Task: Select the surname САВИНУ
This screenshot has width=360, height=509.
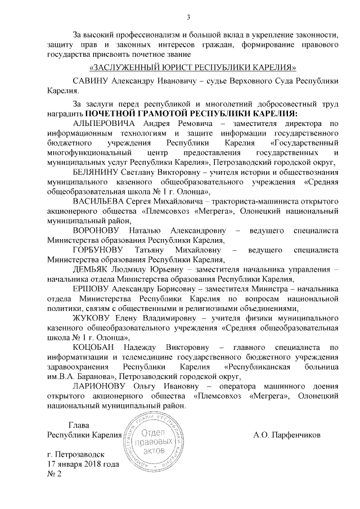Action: click(91, 82)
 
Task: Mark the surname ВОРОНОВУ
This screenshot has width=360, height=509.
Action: click(98, 230)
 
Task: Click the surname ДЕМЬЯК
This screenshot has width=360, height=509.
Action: click(91, 269)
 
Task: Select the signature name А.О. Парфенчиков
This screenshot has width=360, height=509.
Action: click(287, 434)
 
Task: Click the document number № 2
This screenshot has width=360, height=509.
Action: click(53, 474)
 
